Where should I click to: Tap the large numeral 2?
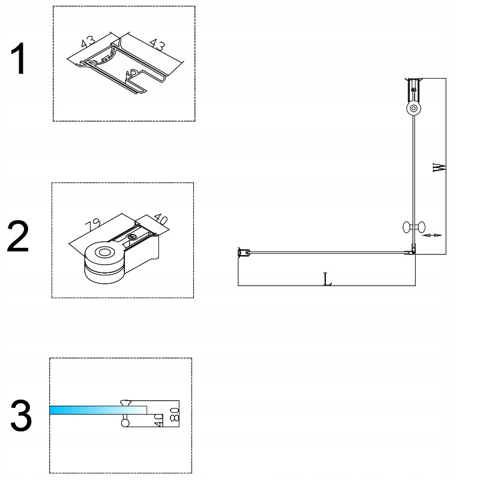tap(18, 237)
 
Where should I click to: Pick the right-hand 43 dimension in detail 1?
tap(157, 45)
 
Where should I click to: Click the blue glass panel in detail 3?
tap(90, 410)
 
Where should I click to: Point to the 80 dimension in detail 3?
tap(175, 414)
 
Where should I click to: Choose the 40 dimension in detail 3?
tap(158, 419)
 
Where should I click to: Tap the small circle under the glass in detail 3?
tap(125, 423)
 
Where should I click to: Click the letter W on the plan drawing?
tap(440, 166)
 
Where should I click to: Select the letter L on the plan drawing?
tap(327, 279)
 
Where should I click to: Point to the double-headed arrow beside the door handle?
tap(433, 235)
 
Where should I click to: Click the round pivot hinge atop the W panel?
tap(413, 109)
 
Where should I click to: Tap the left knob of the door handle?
tap(406, 227)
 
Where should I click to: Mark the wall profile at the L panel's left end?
tap(244, 252)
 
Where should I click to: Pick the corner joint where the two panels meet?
tap(413, 251)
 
